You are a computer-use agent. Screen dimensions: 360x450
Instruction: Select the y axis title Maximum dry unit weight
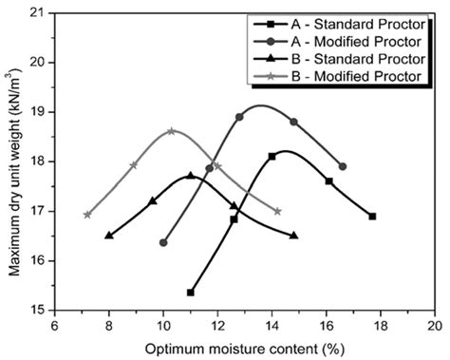tap(14, 161)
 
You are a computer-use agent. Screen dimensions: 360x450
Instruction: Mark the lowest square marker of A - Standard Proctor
tap(191, 293)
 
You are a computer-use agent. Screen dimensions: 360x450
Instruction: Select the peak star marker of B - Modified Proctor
tap(171, 131)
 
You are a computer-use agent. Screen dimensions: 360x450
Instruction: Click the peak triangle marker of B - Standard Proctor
tap(191, 175)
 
